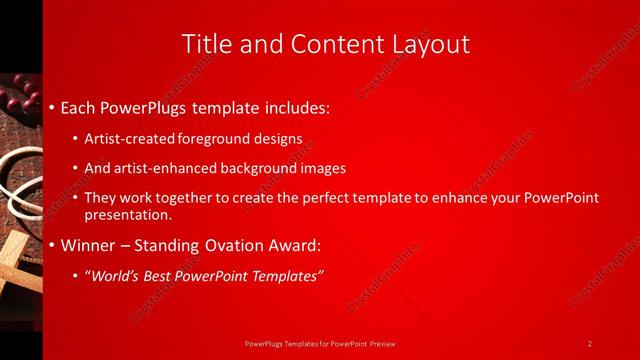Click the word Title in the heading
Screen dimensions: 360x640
coord(206,44)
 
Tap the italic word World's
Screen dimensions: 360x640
coord(117,276)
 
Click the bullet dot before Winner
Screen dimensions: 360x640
coord(52,245)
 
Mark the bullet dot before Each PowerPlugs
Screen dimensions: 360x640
coord(52,106)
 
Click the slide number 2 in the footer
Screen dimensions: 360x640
coord(590,343)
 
